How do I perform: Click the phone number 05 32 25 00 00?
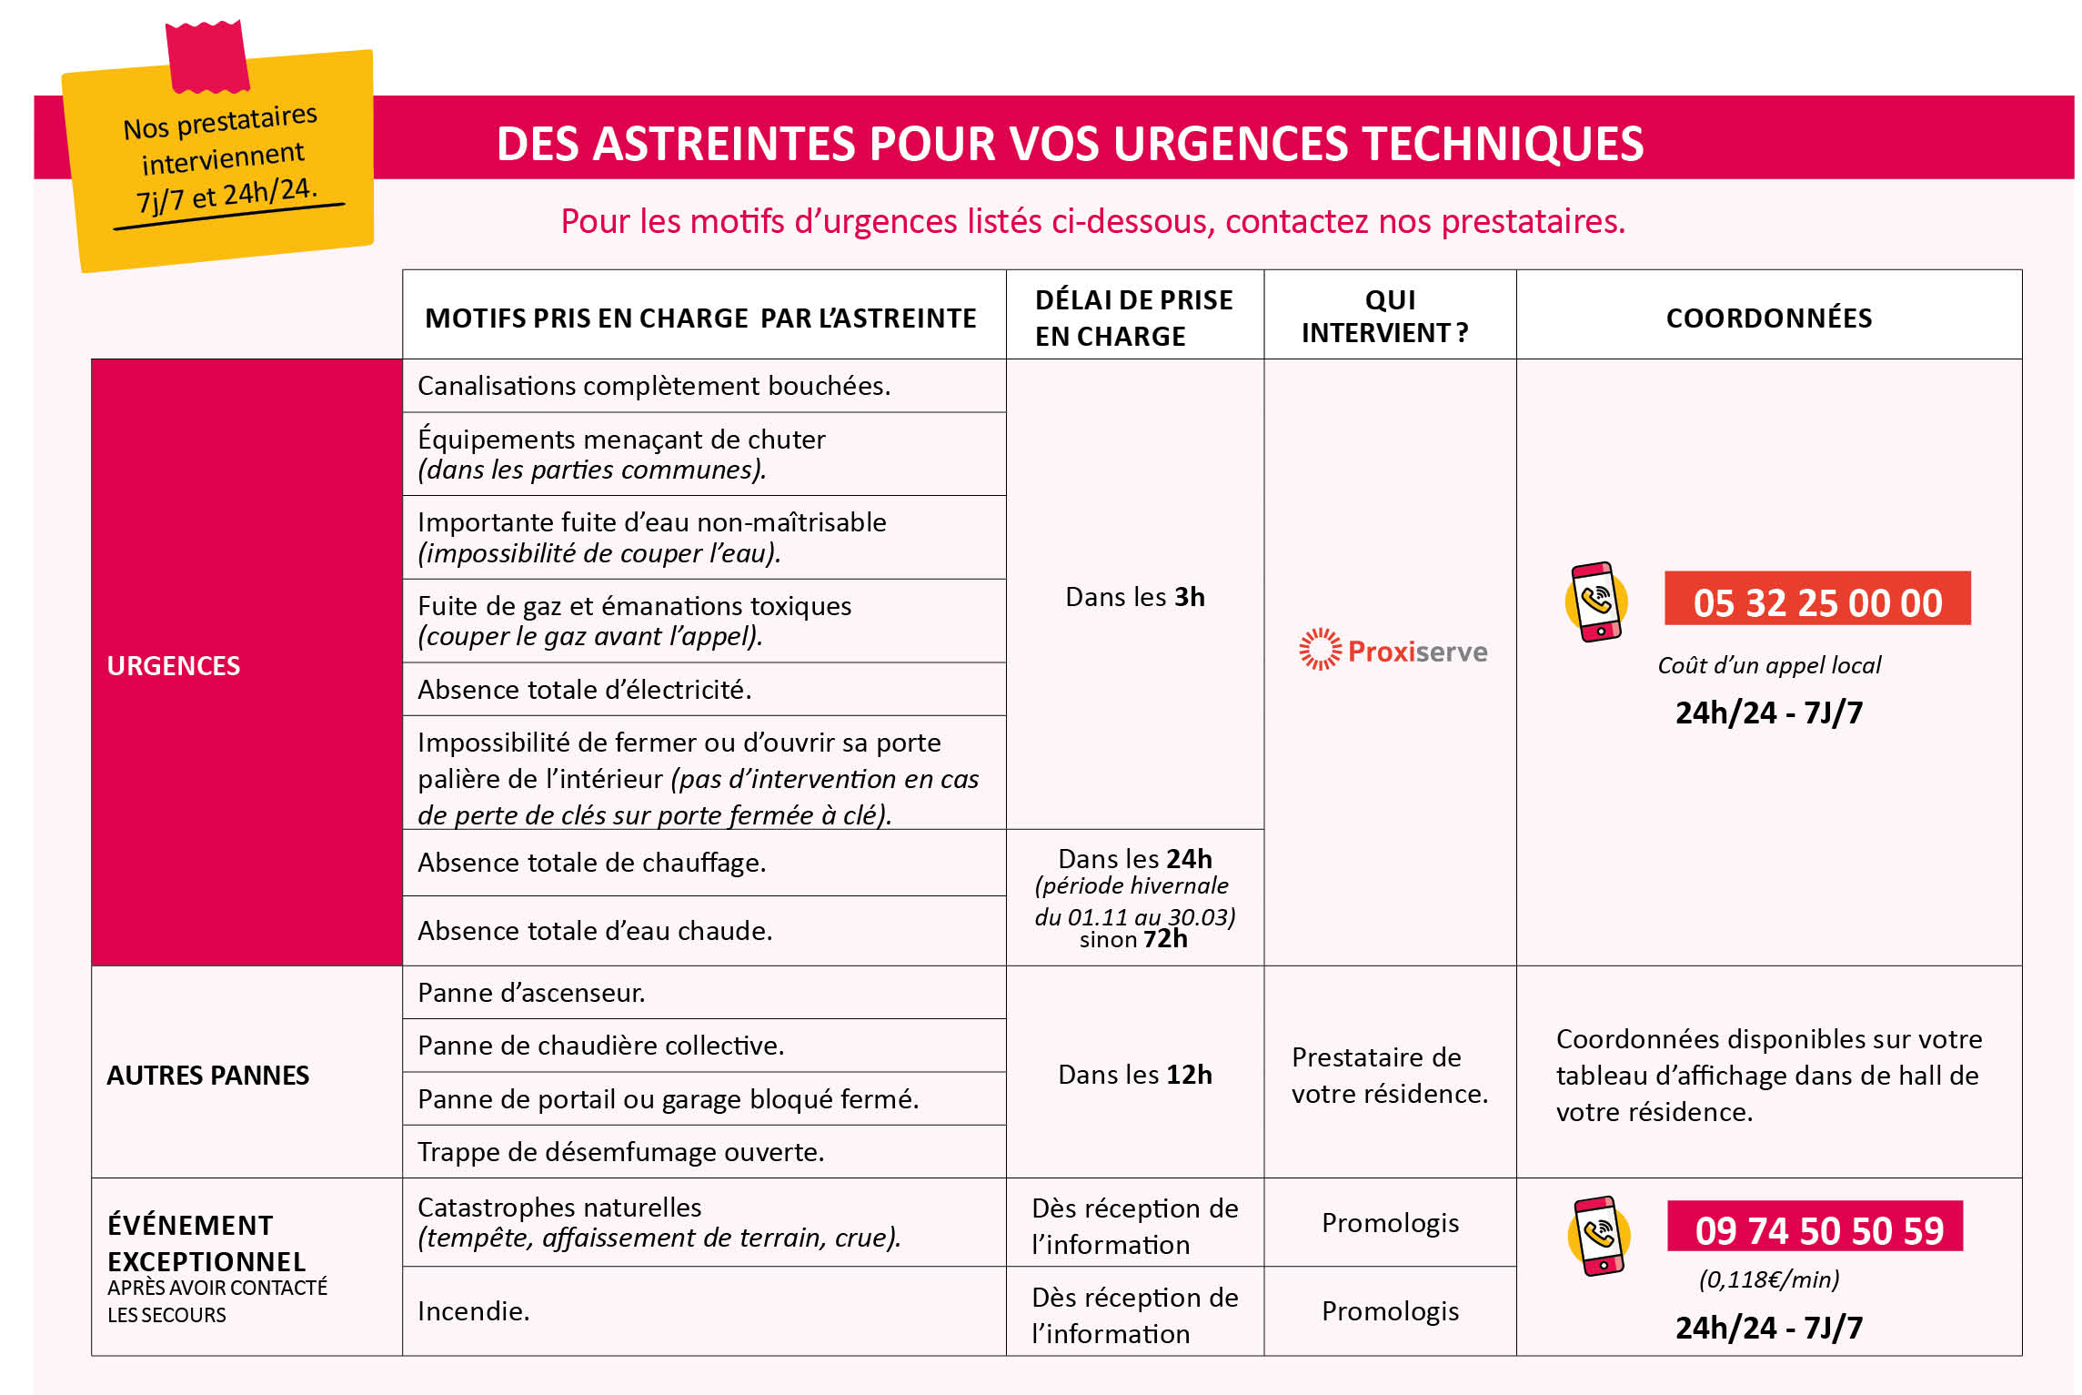[1816, 601]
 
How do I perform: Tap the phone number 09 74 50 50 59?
[1816, 1229]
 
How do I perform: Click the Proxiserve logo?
[1393, 650]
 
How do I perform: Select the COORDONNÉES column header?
[1768, 318]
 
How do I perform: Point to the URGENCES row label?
[174, 665]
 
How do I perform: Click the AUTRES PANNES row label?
[207, 1075]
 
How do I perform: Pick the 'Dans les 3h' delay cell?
[1134, 596]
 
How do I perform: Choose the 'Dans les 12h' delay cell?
[1134, 1074]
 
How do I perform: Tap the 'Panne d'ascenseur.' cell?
[531, 992]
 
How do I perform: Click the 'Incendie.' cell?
[473, 1310]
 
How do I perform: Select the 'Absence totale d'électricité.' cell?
[584, 689]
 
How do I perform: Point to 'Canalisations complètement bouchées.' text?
[653, 386]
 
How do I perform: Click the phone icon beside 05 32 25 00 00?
[1596, 601]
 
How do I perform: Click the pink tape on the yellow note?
[207, 56]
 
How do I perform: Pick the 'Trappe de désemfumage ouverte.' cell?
[620, 1151]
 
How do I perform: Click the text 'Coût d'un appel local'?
[1768, 665]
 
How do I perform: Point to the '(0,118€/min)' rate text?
[1768, 1279]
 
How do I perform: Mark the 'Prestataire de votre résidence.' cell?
[1389, 1075]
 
